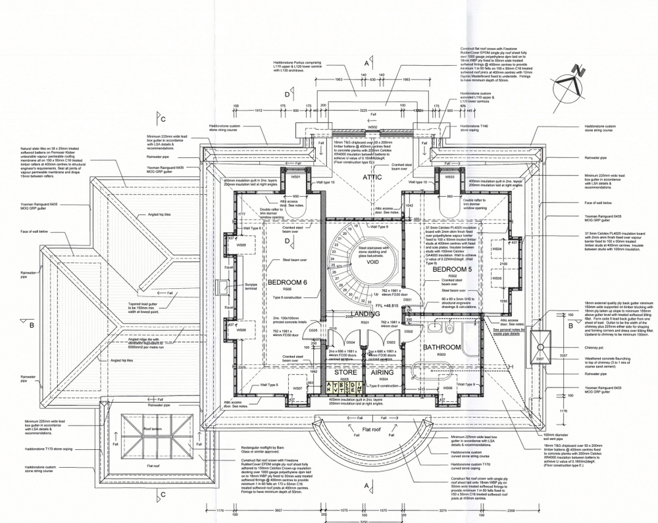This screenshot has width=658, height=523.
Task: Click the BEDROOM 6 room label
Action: coord(289,282)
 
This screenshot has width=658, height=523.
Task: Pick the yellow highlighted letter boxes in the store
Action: coord(344,387)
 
